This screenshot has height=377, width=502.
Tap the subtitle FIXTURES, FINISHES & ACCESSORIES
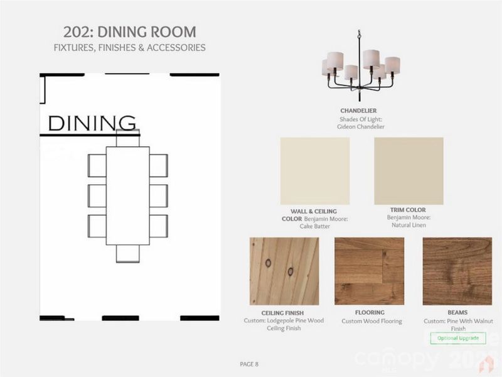129,48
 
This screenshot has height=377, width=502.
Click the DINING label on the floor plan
92,123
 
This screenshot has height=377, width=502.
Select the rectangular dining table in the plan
128,195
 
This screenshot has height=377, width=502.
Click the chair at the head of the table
128,137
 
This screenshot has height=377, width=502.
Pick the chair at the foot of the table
128,253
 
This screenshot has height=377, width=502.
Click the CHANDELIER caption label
358,111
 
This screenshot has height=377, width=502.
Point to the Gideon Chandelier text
360,126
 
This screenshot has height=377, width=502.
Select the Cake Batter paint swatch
314,171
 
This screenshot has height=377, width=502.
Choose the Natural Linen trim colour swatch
409,171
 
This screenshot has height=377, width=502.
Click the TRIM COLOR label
409,210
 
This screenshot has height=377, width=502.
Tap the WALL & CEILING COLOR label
314,214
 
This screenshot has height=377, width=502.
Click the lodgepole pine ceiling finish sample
284,271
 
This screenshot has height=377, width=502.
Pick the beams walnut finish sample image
457,271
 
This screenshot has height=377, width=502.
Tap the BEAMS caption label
457,312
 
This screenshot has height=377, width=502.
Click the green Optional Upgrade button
458,338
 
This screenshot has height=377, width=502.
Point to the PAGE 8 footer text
249,364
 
